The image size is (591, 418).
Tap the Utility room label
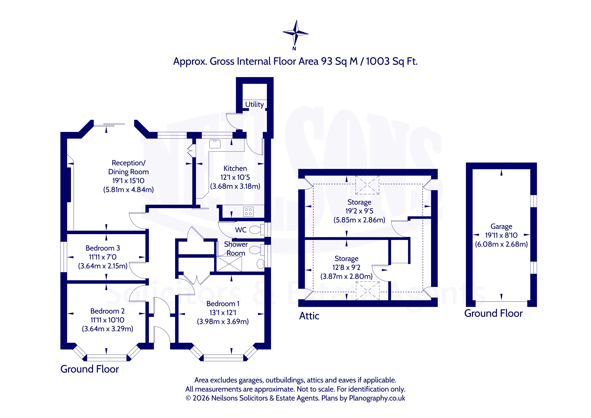254,104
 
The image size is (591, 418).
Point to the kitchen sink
215,144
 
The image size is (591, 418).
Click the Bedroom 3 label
103,248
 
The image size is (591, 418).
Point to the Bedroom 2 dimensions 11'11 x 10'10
107,320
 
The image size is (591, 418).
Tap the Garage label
501,226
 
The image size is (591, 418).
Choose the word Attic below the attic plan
309,316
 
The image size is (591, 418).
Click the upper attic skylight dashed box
367,185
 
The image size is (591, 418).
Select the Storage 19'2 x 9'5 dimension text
359,211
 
